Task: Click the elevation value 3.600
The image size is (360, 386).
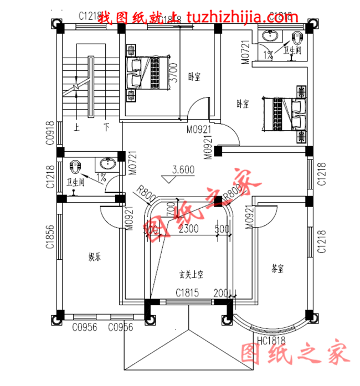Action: [x=183, y=170]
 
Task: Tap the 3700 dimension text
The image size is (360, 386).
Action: [x=172, y=73]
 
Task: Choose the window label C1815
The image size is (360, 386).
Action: [x=187, y=292]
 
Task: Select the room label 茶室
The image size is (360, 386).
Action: [x=278, y=269]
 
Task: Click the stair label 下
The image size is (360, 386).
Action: [x=105, y=127]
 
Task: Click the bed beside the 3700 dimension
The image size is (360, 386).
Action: [x=143, y=72]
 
